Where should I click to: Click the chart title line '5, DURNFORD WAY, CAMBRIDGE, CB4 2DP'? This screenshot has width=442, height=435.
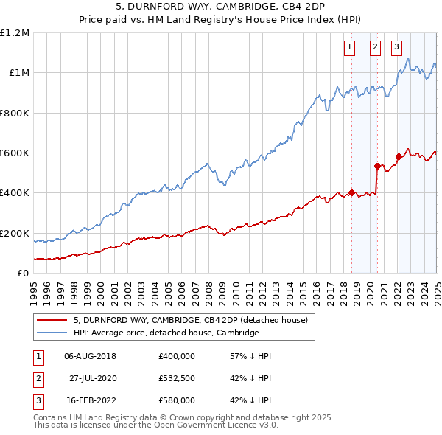click(220, 7)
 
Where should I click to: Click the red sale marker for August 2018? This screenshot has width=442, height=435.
click(351, 193)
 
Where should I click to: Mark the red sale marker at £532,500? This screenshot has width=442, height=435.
click(377, 166)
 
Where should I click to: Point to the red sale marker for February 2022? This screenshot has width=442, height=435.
click(399, 156)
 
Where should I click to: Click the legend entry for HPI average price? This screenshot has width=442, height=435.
click(166, 333)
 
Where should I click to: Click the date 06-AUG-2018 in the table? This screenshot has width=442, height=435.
click(91, 356)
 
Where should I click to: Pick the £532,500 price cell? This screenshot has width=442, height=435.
click(177, 378)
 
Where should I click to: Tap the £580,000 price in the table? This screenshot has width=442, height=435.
click(177, 400)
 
